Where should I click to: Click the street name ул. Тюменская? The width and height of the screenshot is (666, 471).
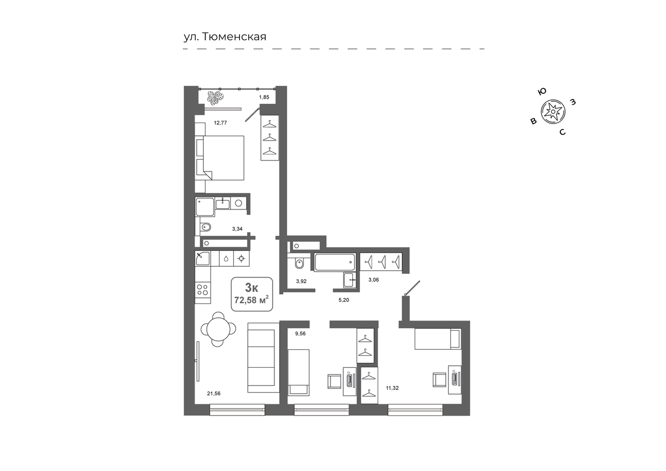click(225, 37)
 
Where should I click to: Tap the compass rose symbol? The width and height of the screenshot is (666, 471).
click(553, 111)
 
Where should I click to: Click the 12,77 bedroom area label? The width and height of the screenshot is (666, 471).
click(220, 123)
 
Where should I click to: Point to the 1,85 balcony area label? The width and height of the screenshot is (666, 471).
click(264, 97)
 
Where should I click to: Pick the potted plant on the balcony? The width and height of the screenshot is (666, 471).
click(216, 98)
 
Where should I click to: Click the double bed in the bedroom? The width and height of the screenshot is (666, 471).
click(220, 158)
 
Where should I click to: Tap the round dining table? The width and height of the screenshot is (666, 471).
click(218, 329)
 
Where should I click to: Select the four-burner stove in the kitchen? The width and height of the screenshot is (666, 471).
click(203, 290)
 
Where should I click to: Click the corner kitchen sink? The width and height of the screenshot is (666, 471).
click(203, 258)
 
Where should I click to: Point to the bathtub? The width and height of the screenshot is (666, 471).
click(335, 262)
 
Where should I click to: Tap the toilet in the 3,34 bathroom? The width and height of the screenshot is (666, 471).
click(206, 227)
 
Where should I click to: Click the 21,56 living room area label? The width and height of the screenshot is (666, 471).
click(214, 393)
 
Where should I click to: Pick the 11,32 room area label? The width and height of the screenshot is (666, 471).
click(392, 388)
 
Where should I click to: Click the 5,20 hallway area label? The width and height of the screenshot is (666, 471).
click(344, 300)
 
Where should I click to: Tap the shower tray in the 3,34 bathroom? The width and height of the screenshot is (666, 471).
click(205, 207)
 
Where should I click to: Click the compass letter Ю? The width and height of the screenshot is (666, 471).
click(542, 92)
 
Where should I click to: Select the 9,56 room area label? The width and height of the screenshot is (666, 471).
click(300, 333)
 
